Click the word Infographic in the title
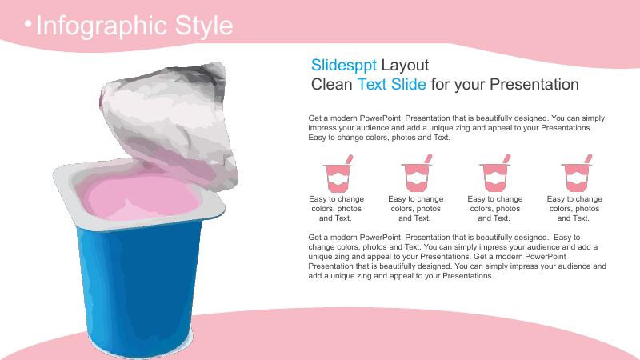click(102, 26)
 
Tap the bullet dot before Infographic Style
click(28, 24)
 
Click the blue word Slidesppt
click(344, 66)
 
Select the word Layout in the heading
click(405, 66)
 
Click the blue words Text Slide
click(392, 85)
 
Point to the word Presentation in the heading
click(534, 85)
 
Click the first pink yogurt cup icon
click(338, 174)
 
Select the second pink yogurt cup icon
click(417, 173)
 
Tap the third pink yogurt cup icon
click(495, 173)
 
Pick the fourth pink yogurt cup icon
click(576, 173)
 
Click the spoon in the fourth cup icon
click(588, 158)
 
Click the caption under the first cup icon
click(336, 209)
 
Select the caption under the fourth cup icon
click(574, 209)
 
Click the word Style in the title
click(204, 26)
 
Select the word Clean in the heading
click(331, 85)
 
